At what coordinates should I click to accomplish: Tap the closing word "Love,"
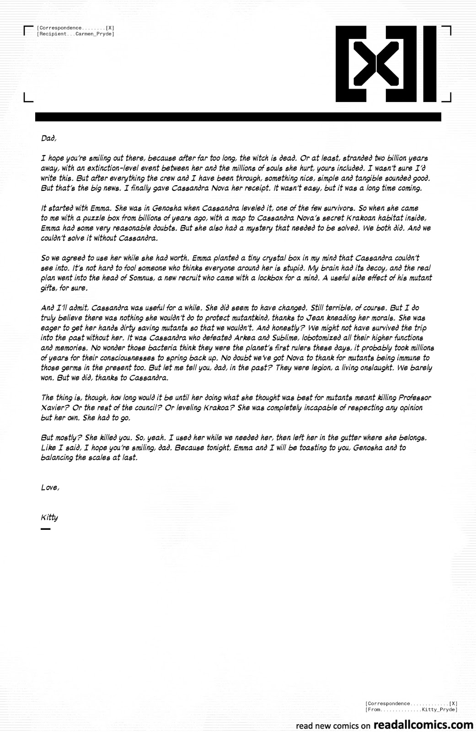(x=50, y=488)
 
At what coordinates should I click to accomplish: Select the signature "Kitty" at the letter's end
(x=49, y=517)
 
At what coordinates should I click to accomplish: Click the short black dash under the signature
(x=45, y=529)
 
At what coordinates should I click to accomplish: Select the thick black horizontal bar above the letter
(x=238, y=117)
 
